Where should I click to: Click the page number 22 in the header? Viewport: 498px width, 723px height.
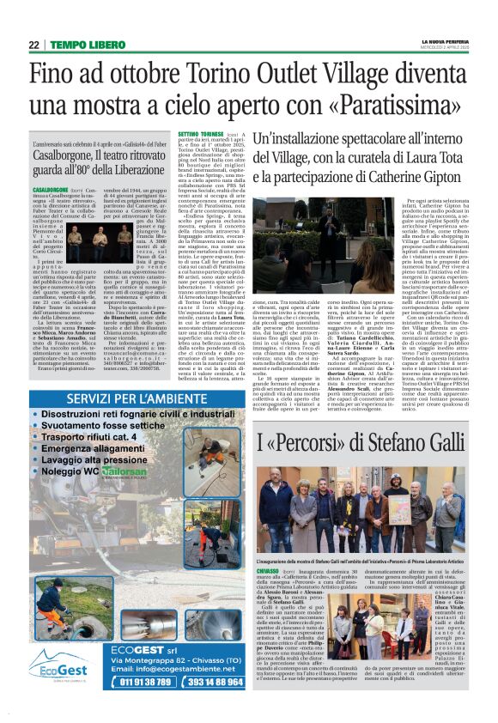[x=32, y=45]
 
